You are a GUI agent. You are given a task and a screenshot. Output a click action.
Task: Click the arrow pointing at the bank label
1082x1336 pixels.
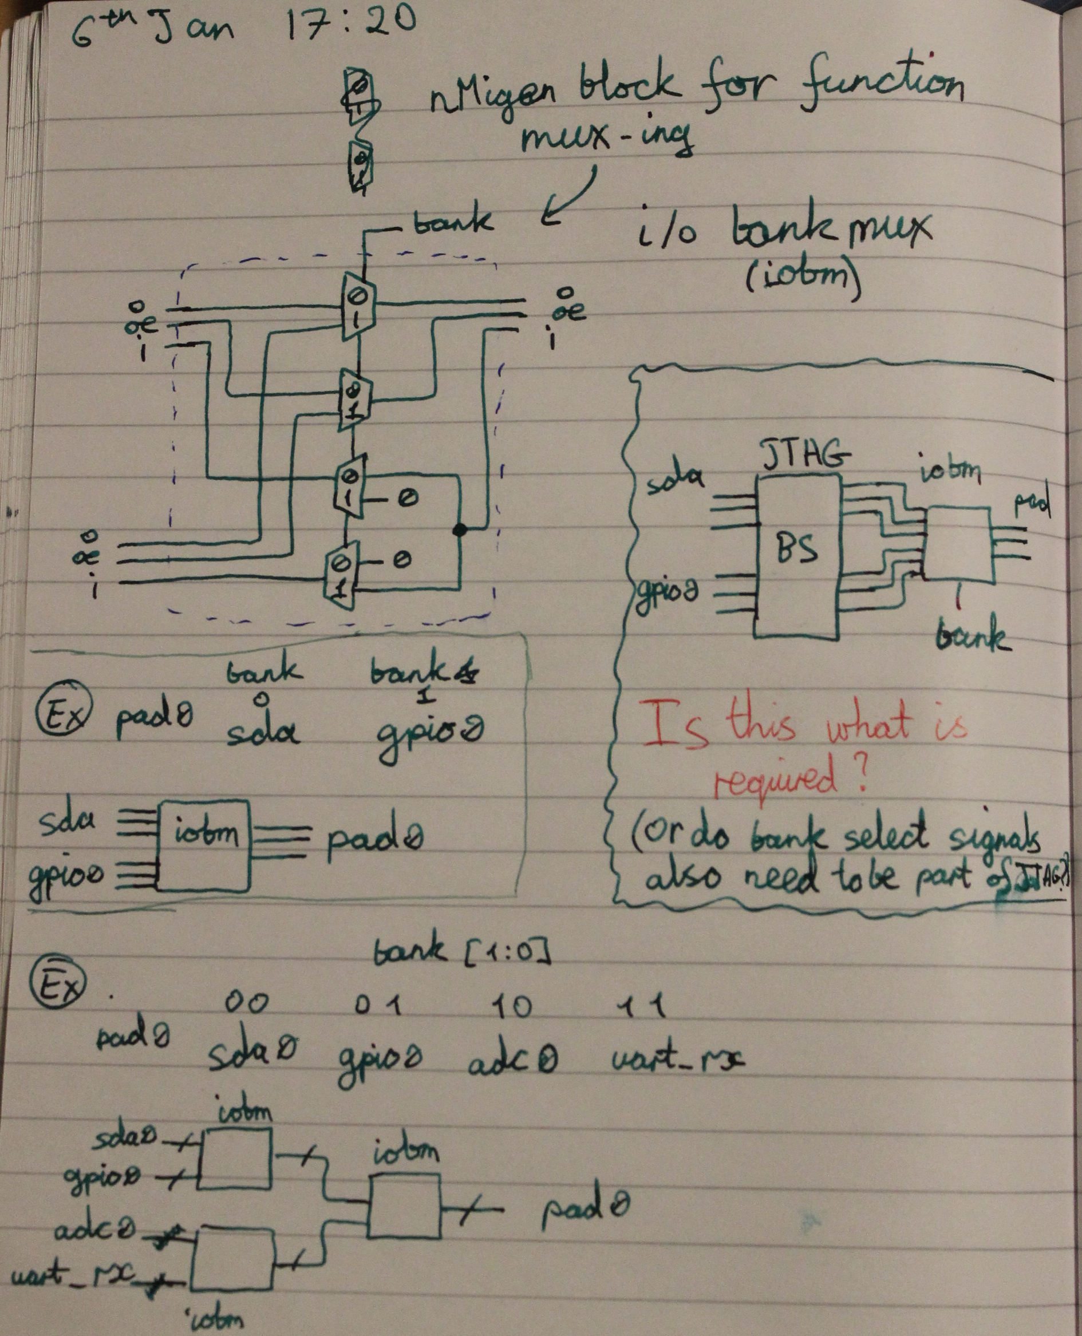(568, 196)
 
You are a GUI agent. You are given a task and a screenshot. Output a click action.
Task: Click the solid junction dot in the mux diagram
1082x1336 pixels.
(459, 530)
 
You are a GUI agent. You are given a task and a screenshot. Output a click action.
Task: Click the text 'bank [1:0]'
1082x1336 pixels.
(461, 952)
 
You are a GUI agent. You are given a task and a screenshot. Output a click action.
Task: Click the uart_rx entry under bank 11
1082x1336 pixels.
(677, 1058)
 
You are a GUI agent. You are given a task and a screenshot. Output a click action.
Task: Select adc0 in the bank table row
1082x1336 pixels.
(513, 1060)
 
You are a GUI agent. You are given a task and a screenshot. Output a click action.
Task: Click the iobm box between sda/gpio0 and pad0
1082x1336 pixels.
(204, 845)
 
